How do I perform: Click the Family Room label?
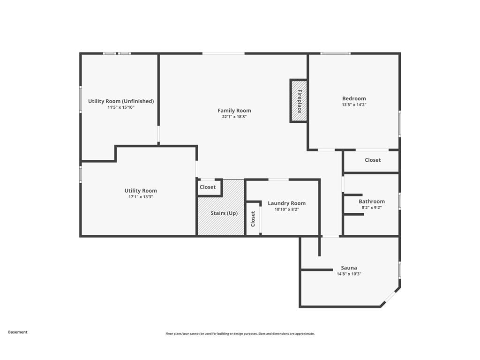point(234,111)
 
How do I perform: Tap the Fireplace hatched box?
point(299,101)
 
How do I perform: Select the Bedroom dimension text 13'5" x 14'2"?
point(354,105)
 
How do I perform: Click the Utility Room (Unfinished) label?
point(121,101)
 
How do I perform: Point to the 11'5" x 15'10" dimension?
point(121,107)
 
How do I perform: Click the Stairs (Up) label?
point(224,213)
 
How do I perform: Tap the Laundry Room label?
point(286,203)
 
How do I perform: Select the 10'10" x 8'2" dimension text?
point(286,210)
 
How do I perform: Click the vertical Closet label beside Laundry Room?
point(253,219)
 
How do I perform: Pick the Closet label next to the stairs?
point(208,187)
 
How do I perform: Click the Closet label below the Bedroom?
point(373,160)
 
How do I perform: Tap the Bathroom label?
point(372,202)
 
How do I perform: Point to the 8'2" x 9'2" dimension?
point(372,208)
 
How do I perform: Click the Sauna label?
point(349,268)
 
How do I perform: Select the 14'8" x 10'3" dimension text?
point(349,274)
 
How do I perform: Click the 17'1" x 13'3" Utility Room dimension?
point(141,197)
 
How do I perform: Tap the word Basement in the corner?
point(18,332)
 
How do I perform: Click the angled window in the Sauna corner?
point(390,297)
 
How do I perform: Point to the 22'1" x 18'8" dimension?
point(234,117)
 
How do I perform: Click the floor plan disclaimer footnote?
point(240,334)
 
